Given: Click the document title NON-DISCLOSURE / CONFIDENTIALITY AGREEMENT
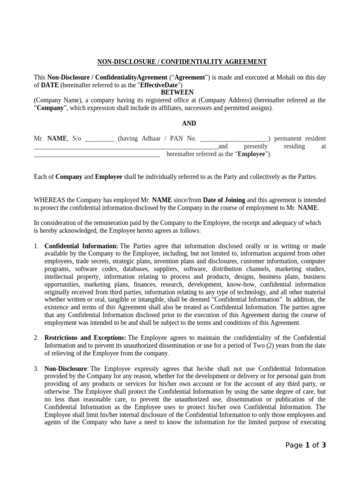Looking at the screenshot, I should coord(182,61).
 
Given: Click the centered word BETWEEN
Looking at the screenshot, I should coord(177,92).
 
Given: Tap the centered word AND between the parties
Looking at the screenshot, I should coord(189,123).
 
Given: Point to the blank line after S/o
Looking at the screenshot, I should coord(100,139).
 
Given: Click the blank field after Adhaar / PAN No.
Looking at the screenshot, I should coord(234,139).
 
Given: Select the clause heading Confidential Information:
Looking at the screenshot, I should coord(81,246).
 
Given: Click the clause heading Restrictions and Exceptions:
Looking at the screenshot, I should coord(85,337).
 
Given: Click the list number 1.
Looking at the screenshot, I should coord(37,246).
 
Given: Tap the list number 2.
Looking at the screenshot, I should coord(37,337).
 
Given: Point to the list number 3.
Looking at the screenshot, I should coord(37,368).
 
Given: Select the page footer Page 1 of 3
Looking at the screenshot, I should coord(306,445).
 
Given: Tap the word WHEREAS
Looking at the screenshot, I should coord(49,200).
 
